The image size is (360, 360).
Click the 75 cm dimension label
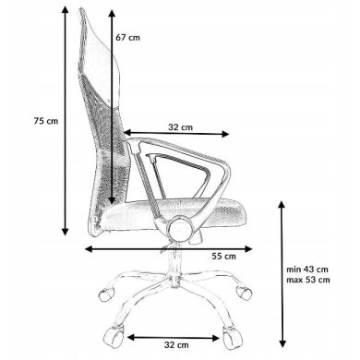[46, 121]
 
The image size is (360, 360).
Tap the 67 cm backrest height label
[127, 38]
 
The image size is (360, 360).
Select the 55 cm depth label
[223, 256]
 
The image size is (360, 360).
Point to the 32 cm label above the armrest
[180, 127]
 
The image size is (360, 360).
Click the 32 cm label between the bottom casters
[176, 345]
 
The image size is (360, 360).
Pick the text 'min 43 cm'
[307, 270]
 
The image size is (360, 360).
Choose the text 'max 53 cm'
[308, 280]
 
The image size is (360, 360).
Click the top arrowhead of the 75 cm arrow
[65, 9]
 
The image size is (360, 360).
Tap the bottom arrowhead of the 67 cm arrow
[112, 201]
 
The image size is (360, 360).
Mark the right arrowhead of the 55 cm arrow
[248, 249]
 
